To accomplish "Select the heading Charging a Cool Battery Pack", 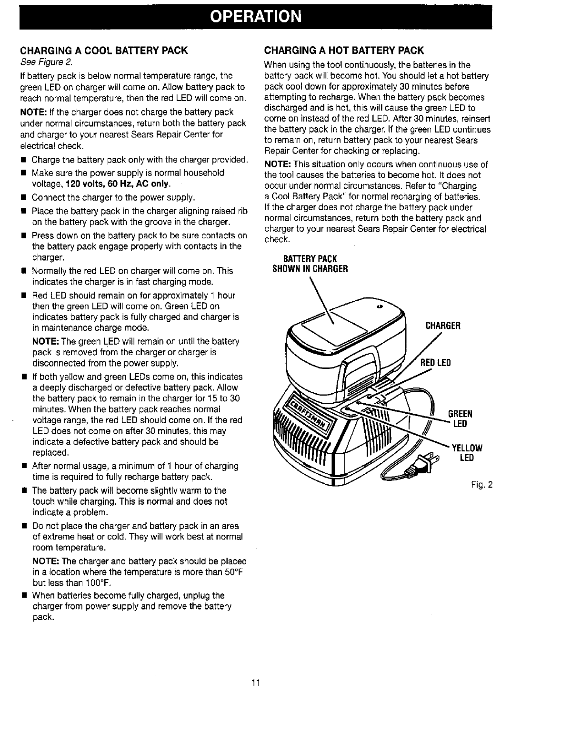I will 103,51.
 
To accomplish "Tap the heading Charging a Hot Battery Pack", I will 344,51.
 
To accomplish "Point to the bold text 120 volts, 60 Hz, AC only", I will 118,184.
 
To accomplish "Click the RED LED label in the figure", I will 435,363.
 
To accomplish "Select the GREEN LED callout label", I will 460,418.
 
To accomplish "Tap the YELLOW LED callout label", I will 467,453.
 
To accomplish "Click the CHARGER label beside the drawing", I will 442,326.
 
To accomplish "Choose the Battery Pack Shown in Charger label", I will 310,264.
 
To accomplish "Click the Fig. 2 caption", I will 481,485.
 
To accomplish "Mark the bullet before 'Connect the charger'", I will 23,198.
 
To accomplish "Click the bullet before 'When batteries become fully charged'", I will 23,596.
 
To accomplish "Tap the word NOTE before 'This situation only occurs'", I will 276,164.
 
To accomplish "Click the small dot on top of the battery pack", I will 380,306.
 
